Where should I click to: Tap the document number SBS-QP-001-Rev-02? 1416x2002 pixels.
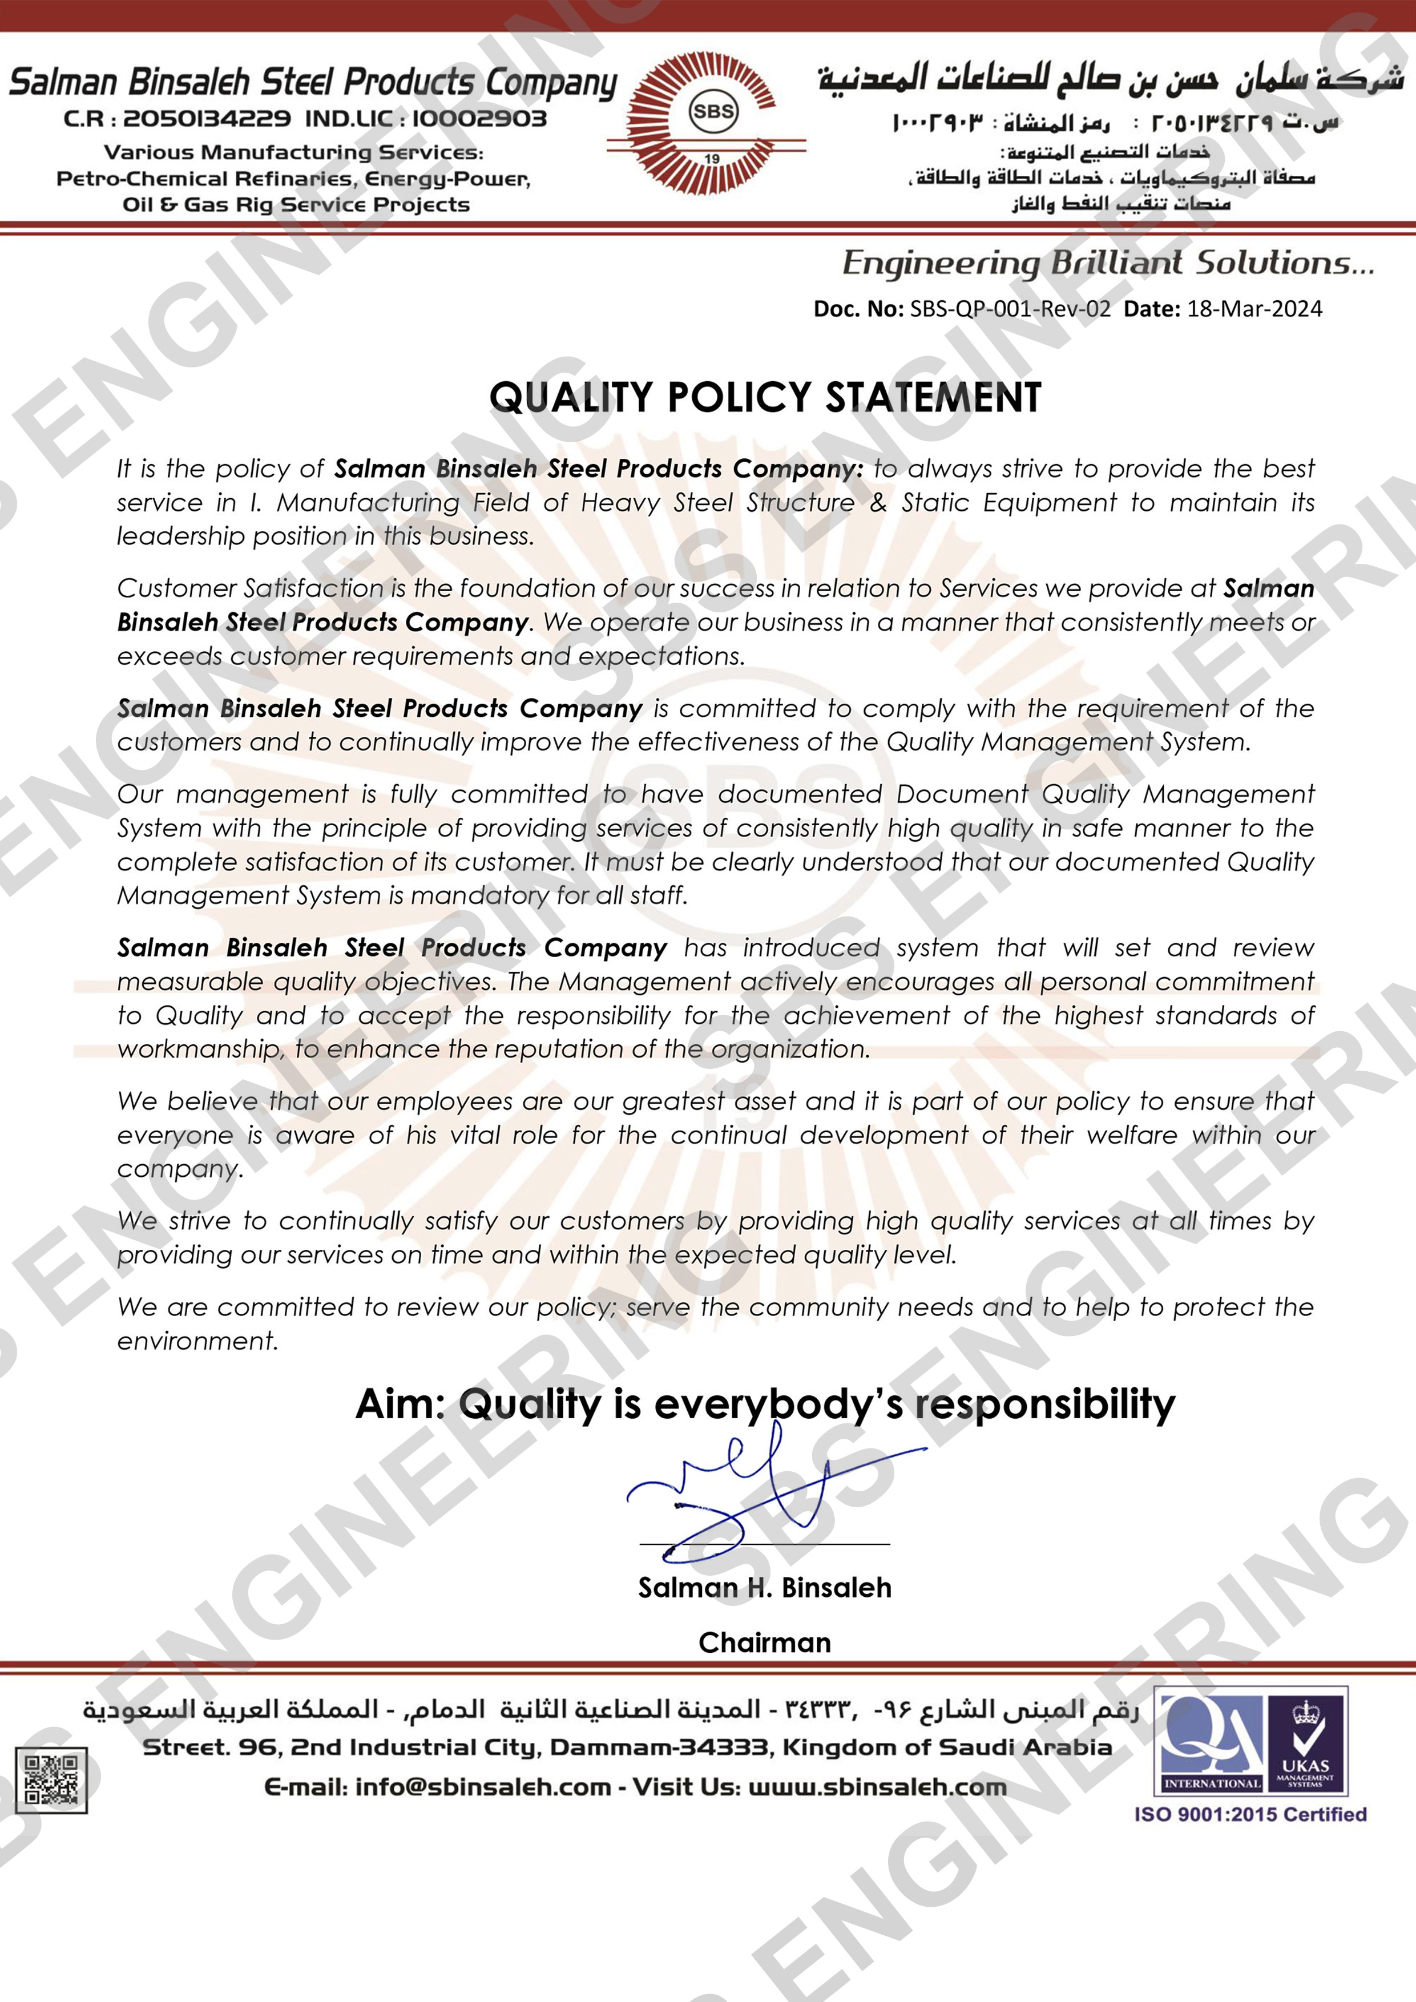[1010, 309]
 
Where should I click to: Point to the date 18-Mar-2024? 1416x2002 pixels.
[1254, 309]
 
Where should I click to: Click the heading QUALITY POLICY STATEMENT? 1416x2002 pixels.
[765, 398]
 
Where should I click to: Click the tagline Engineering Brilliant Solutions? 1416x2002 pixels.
[1107, 263]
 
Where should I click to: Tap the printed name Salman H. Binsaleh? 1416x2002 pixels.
[765, 1588]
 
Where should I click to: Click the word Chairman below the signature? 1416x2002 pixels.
[765, 1643]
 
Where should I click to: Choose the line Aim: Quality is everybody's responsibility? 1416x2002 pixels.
[765, 1404]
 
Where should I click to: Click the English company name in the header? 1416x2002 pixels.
[313, 82]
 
